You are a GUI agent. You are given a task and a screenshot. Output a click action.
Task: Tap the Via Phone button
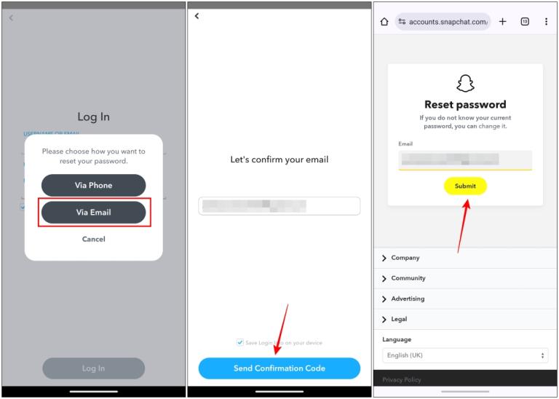click(x=93, y=186)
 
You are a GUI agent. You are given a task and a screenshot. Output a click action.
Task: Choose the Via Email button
click(x=93, y=213)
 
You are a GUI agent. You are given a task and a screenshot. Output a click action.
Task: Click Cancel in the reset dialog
click(x=93, y=239)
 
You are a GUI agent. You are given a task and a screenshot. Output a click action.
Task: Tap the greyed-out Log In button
click(x=93, y=368)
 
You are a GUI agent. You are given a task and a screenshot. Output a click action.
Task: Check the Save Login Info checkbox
click(x=240, y=342)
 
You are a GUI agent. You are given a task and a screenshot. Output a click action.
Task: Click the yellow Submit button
click(x=465, y=186)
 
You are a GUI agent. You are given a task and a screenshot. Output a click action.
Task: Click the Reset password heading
click(x=465, y=104)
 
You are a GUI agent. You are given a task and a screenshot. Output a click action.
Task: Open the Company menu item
click(x=405, y=258)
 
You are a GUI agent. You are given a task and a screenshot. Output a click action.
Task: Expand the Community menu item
click(x=408, y=278)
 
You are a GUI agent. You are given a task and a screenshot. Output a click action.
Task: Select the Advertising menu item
click(x=408, y=299)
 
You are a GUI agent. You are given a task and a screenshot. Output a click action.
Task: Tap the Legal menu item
click(x=399, y=319)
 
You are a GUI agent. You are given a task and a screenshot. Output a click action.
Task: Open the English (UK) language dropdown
click(x=465, y=355)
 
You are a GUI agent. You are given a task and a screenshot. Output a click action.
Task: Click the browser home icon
click(x=384, y=22)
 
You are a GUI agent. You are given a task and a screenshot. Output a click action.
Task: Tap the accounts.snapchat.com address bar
click(x=444, y=22)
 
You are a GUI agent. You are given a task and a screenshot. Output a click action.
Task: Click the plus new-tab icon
click(x=502, y=22)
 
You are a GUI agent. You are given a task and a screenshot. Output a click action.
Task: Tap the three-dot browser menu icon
click(x=546, y=22)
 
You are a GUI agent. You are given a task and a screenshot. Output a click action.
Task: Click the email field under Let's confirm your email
click(x=279, y=206)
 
